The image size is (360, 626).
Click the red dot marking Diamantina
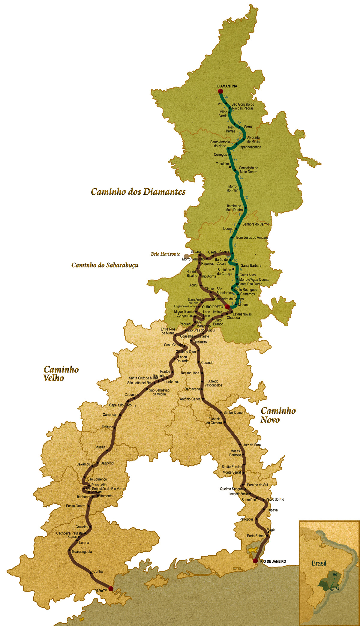[220, 91]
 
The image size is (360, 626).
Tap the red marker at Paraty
[111, 589]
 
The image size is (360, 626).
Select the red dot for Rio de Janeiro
[255, 561]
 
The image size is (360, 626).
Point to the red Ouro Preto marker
[227, 307]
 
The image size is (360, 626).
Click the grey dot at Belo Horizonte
[186, 256]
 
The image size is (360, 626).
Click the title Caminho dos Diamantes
[138, 192]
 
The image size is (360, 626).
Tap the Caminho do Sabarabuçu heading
[105, 265]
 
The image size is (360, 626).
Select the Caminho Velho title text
[61, 373]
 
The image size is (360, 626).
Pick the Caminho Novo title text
[278, 415]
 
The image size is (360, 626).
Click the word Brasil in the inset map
[319, 563]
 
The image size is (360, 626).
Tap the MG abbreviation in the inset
[335, 575]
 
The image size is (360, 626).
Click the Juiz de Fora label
[252, 445]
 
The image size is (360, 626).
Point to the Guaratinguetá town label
[82, 551]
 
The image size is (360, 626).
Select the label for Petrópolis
[246, 519]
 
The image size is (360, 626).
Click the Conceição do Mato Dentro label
[248, 170]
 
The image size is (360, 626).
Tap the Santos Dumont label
[234, 412]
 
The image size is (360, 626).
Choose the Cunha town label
[98, 571]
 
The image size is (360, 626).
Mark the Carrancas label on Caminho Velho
[110, 415]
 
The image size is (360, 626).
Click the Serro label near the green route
[248, 127]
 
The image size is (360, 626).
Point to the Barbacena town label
[192, 389]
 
